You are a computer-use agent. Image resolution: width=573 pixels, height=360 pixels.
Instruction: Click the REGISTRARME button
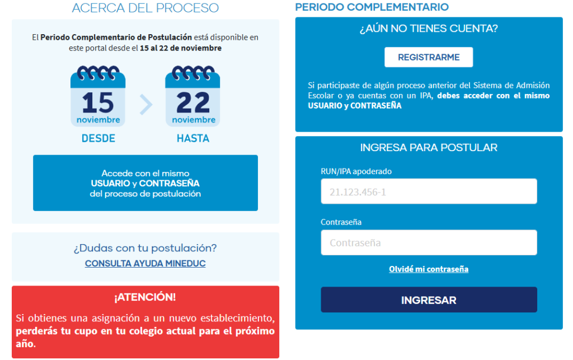coord(428,57)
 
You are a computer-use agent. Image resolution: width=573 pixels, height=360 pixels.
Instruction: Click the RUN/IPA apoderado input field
coord(429,191)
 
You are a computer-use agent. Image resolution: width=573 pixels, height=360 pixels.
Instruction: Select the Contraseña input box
coord(429,242)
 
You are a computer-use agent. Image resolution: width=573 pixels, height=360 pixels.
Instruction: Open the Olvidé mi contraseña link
coord(428,269)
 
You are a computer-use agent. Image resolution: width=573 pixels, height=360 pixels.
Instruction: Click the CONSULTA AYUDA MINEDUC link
coord(145,263)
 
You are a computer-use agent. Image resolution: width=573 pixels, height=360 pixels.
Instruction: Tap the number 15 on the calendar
coord(97,102)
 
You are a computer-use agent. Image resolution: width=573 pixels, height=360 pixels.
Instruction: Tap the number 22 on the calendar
coord(193,102)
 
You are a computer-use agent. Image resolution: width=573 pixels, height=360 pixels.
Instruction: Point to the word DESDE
coord(98,138)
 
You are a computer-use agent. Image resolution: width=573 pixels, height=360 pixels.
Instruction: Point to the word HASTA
coord(193,138)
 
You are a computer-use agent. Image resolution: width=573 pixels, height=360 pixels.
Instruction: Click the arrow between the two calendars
coord(146,105)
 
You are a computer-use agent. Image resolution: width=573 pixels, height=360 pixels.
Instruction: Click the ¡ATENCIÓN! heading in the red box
coord(145,297)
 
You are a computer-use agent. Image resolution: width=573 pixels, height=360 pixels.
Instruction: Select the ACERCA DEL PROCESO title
coord(145,8)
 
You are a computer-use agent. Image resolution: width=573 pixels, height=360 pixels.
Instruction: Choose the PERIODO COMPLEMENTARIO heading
coord(372,7)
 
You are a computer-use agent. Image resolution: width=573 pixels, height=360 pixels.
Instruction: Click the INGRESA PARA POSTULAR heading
coord(429,147)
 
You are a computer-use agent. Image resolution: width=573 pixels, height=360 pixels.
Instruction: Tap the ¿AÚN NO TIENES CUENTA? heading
coord(429,29)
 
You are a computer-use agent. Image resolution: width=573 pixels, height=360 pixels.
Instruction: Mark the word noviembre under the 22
coord(194,120)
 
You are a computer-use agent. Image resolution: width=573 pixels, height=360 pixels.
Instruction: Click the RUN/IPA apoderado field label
coord(356,171)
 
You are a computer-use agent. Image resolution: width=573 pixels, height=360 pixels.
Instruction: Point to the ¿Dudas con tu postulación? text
coord(145,248)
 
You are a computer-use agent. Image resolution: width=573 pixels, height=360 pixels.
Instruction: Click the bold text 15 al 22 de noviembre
coord(181,48)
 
